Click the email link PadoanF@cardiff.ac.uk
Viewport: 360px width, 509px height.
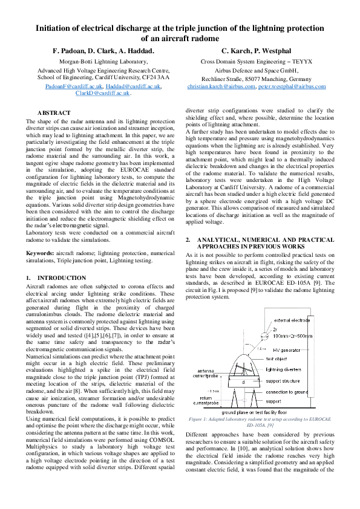click(x=71, y=86)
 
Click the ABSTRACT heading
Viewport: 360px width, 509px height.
click(x=54, y=113)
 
